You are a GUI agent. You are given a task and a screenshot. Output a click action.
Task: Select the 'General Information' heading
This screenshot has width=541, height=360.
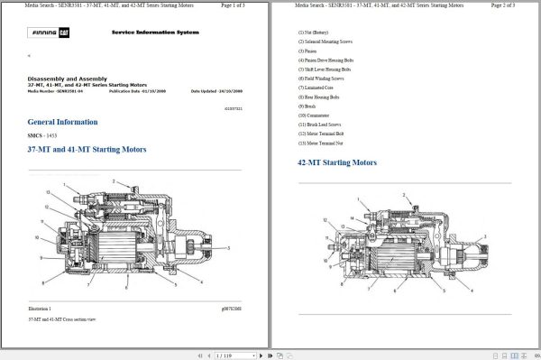tap(62, 122)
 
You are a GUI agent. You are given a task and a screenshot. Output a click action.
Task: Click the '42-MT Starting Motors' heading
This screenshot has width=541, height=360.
tap(337, 162)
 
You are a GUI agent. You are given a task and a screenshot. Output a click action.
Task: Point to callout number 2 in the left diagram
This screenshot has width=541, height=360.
tap(115, 182)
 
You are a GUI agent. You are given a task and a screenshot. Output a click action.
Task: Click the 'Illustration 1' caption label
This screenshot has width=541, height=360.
tap(40, 309)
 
